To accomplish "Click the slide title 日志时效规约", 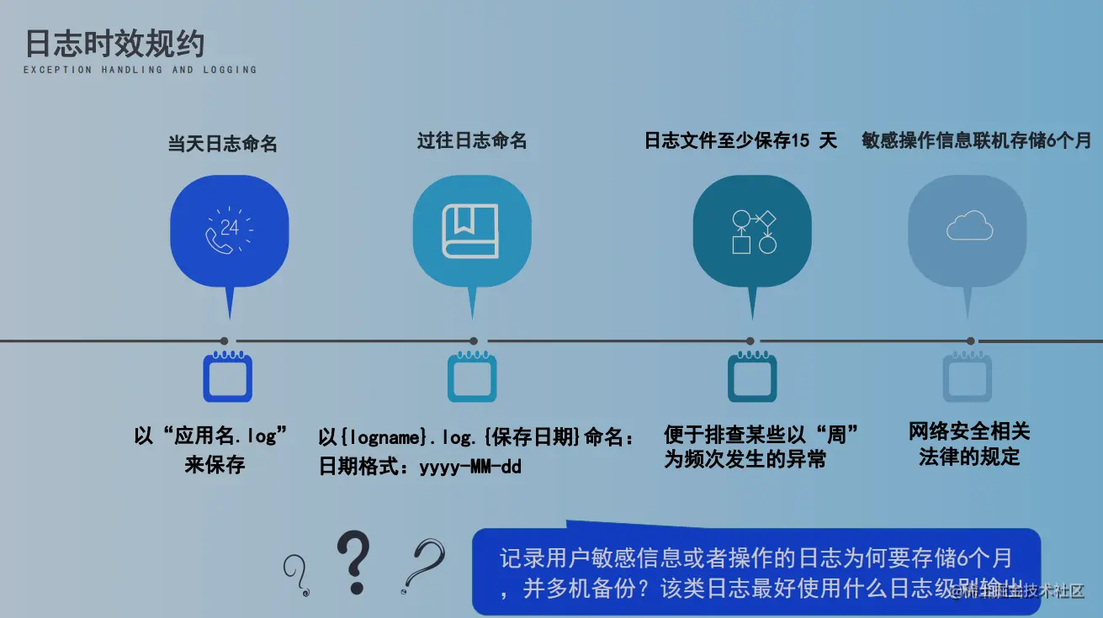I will click(x=114, y=44).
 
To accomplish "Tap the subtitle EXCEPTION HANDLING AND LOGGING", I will click(x=140, y=70).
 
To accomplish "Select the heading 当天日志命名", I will click(x=222, y=144).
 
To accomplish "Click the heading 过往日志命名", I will click(x=472, y=140).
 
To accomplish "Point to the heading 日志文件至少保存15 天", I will click(x=740, y=140).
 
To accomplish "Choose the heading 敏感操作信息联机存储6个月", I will click(x=976, y=140).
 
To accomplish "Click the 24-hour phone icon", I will click(x=229, y=230).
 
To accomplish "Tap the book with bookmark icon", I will click(x=471, y=230).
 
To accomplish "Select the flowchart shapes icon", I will click(x=753, y=231).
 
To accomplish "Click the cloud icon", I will click(x=968, y=226).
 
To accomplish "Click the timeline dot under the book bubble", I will click(x=474, y=341).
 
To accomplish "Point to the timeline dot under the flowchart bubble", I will click(x=750, y=341).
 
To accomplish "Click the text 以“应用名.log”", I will click(x=211, y=436).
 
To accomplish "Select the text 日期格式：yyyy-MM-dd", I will click(x=420, y=466).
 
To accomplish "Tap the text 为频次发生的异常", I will click(x=745, y=459).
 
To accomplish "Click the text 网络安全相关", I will click(x=969, y=432).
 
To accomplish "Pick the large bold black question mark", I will click(x=353, y=562).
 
